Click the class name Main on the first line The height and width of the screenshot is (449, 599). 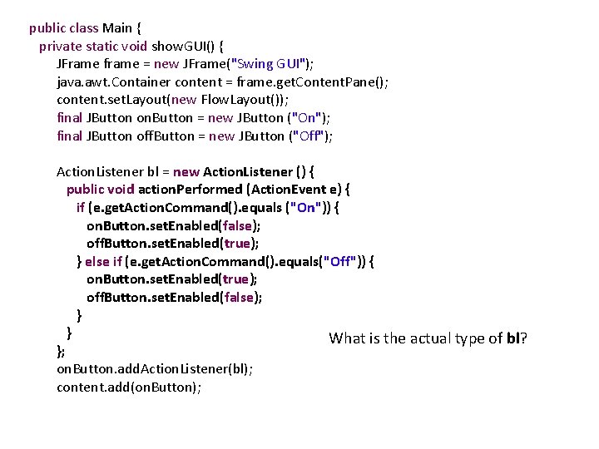(117, 27)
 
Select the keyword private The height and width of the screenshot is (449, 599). (60, 46)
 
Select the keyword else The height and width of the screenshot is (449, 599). (97, 262)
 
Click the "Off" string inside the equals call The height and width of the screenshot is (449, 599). (340, 262)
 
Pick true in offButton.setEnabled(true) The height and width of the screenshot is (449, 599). (238, 244)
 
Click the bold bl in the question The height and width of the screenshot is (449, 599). (514, 338)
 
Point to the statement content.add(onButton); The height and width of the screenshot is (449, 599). (129, 387)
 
